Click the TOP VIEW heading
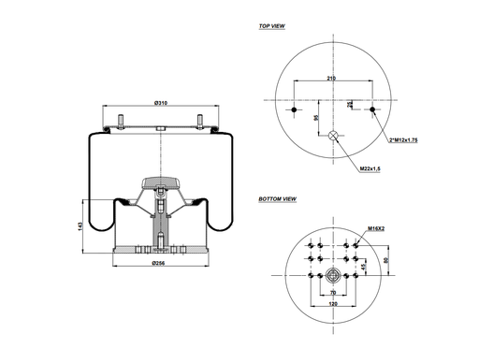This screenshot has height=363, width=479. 271,26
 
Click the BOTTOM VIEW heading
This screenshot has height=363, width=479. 277,199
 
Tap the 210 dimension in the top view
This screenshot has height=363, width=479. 331,79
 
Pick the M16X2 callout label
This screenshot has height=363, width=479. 377,227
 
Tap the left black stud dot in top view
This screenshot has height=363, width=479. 295,112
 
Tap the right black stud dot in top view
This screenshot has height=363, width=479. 372,112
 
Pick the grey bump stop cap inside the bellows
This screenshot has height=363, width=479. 160,181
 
